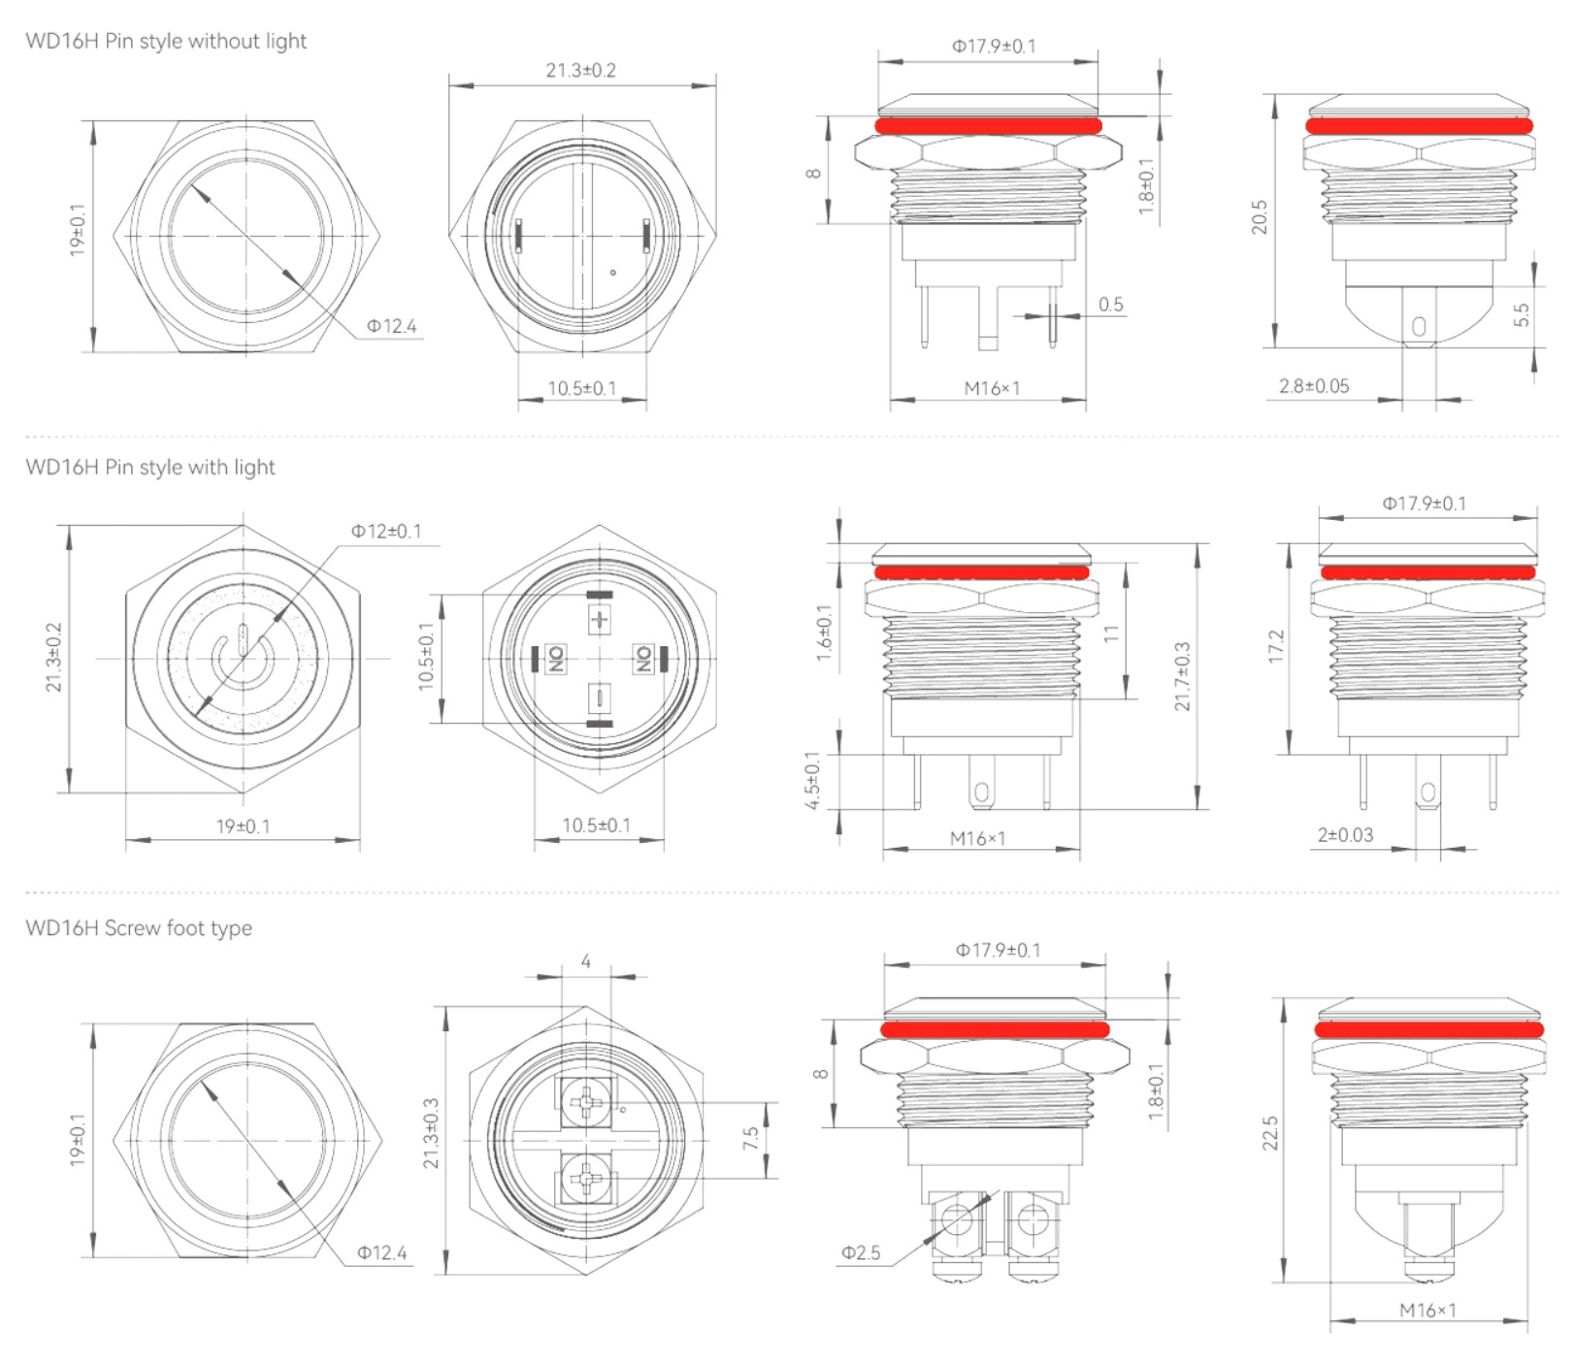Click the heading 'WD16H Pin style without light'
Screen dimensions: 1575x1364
pos(166,41)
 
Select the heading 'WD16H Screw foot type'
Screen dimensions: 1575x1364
pos(139,927)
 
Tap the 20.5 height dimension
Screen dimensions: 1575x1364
pos(1259,217)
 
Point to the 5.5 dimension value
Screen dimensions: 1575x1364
pos(1521,314)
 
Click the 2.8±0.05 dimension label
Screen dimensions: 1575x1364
pos(1314,385)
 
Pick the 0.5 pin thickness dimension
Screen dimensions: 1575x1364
pos(1111,304)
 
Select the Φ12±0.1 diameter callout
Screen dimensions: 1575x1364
pos(386,531)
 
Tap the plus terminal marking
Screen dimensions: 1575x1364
pos(601,619)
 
